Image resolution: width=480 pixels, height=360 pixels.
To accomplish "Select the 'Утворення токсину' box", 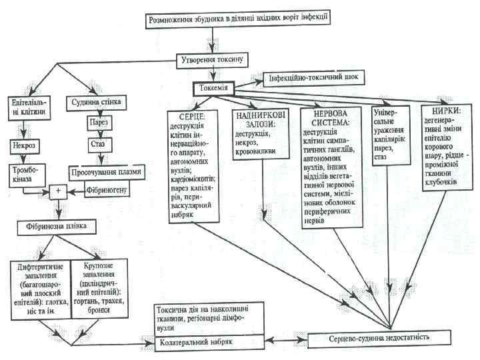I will [x=215, y=59].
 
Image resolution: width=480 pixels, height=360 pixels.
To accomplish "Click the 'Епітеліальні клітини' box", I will [x=27, y=109].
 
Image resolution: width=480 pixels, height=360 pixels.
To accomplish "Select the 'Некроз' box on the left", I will [x=26, y=143].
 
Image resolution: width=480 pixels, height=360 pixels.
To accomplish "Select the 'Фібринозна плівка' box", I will [x=57, y=227].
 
